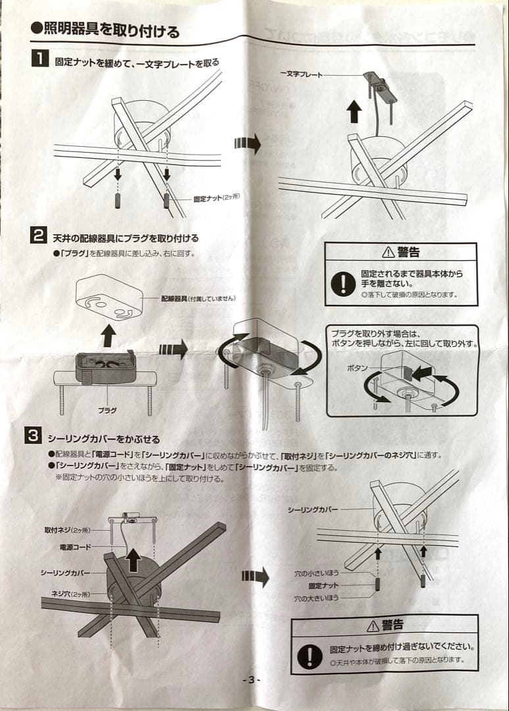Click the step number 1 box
pos(39,60)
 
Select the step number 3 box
pos(33,436)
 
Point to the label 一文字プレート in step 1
pos(302,75)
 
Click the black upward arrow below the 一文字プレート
pos(354,111)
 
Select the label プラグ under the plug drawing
pos(107,409)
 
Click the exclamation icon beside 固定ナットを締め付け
pos(309,654)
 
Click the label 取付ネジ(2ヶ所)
pos(67,530)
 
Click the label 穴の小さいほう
pos(316,574)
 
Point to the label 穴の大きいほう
pos(316,599)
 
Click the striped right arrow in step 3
pos(255,577)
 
